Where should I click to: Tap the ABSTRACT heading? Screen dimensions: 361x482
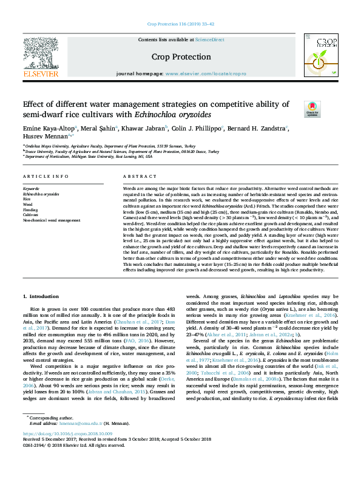click(136, 176)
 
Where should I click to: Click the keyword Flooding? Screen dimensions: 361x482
click(30, 209)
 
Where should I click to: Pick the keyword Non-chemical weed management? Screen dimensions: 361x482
click(51, 220)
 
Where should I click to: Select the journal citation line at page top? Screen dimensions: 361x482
click(180, 24)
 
